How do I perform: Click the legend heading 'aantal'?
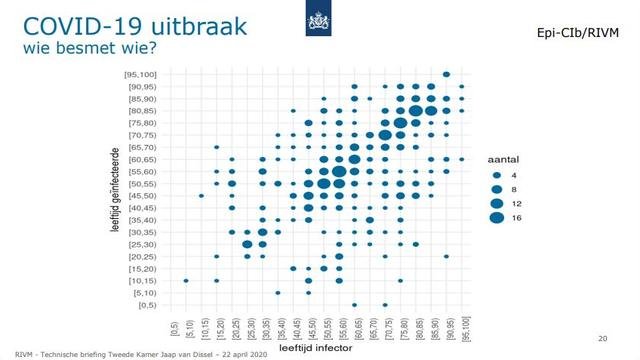click(503, 160)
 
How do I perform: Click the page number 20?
click(602, 337)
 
